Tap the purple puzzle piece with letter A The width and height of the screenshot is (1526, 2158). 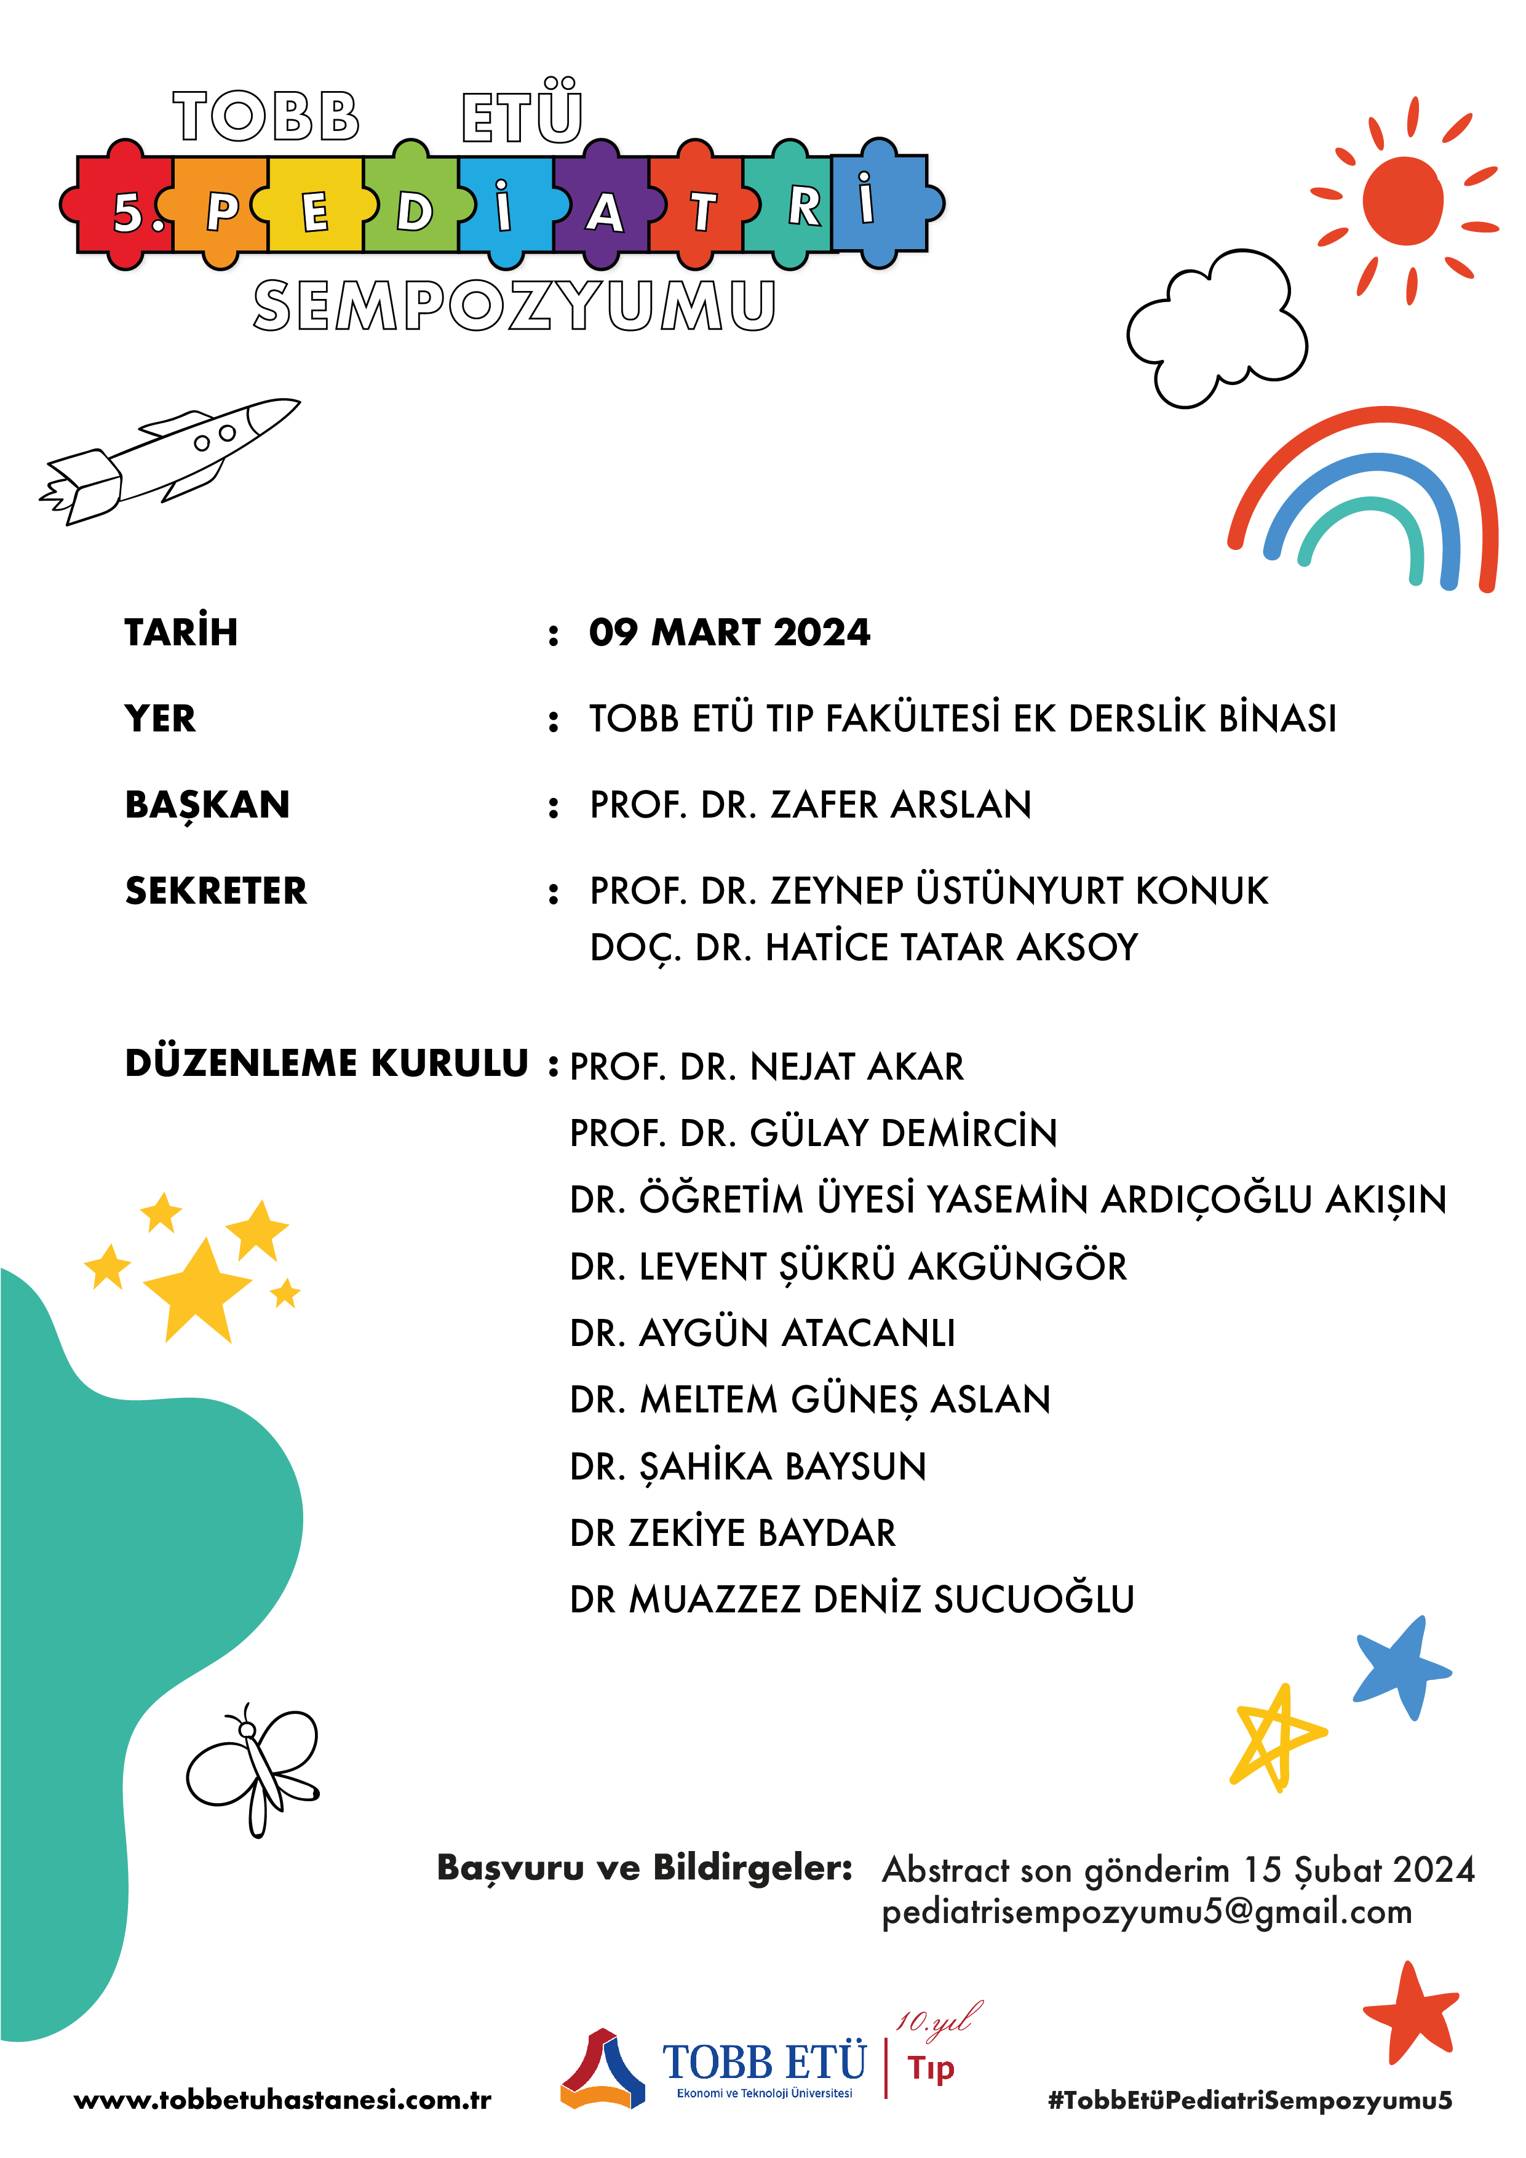click(x=603, y=209)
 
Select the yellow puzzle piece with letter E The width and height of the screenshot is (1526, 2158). click(x=315, y=207)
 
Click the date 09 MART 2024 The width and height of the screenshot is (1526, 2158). click(x=729, y=632)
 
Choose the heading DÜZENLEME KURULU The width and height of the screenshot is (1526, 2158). click(x=326, y=1063)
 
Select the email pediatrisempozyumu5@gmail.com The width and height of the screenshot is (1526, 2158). click(x=1146, y=1913)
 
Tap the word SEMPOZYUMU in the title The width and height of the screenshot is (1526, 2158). click(x=514, y=306)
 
